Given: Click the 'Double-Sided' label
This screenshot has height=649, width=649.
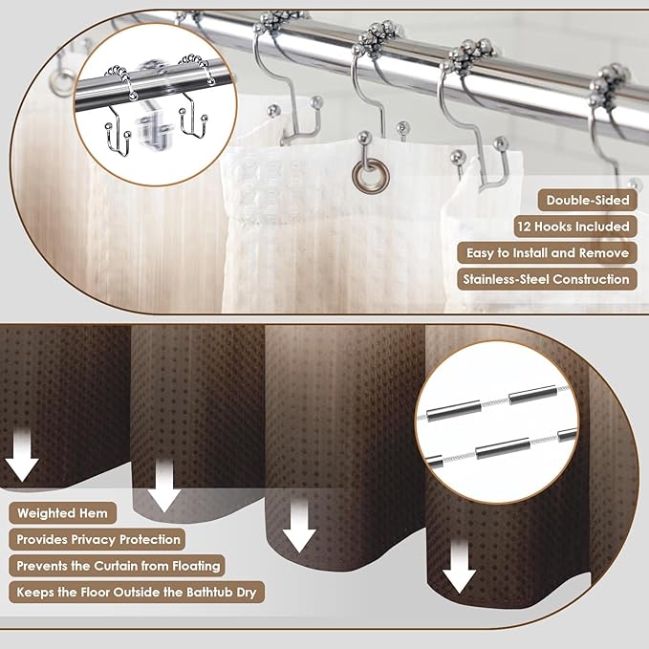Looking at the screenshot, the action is point(587,201).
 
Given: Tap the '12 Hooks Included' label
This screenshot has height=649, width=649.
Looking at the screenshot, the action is point(575,227).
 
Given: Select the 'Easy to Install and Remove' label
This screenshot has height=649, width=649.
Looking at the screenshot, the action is point(547,253).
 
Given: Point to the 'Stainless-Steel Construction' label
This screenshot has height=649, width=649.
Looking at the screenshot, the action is point(547,279).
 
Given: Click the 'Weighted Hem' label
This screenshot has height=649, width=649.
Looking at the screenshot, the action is point(62,513).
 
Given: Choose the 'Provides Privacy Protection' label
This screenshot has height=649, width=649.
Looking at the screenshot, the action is point(97,540).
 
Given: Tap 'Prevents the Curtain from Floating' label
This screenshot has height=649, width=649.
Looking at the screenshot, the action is point(118,566).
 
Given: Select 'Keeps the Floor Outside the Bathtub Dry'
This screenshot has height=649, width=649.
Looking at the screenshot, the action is point(137,593).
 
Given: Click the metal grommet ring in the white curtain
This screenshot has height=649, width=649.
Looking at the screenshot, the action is point(371,176).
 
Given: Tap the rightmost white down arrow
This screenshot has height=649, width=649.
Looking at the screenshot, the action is point(460,567).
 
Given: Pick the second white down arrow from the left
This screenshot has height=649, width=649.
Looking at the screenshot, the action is point(164,486).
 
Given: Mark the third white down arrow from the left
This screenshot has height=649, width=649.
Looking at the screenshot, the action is point(299,525).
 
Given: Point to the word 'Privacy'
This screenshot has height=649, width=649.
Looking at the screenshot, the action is point(94,540).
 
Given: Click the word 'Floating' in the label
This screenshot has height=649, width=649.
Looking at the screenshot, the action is point(197,566).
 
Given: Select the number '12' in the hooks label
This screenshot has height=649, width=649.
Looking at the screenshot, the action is point(525,227).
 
